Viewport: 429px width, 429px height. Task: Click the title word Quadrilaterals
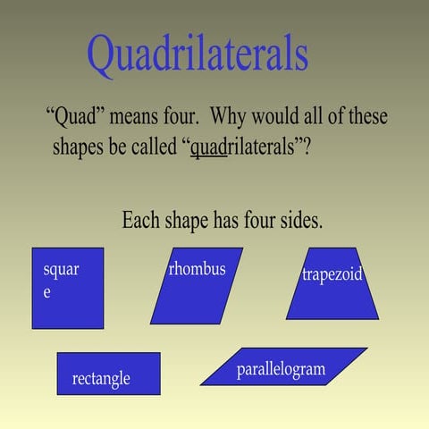tap(198, 55)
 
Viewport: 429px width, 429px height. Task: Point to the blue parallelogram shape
tap(283, 366)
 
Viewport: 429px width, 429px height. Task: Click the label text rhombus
tap(197, 269)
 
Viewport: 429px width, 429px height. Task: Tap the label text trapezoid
tap(332, 274)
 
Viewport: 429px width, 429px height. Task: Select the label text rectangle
tap(101, 379)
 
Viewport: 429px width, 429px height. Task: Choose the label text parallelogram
tap(281, 369)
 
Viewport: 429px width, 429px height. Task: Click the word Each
tap(140, 220)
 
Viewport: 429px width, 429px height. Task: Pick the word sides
tap(299, 220)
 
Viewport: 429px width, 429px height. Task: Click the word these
tap(364, 117)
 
